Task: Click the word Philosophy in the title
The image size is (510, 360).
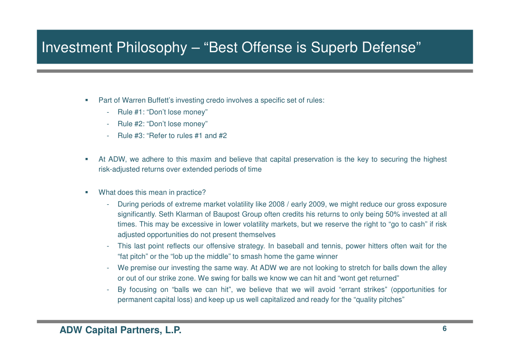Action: tap(152, 48)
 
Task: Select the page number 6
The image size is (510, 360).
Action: tap(444, 329)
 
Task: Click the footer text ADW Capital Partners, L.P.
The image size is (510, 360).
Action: tap(120, 330)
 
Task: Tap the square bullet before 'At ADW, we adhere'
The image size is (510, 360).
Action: tap(87, 159)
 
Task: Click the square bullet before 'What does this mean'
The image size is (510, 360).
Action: tap(87, 192)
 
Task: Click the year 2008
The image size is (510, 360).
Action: tap(277, 204)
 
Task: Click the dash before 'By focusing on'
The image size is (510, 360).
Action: tap(108, 290)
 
